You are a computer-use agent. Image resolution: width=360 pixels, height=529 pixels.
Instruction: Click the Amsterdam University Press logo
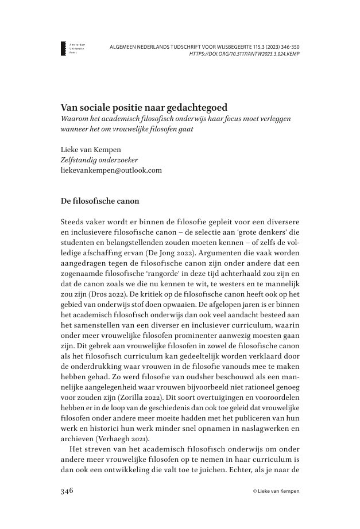64,48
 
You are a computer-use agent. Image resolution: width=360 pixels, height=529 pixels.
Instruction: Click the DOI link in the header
244,54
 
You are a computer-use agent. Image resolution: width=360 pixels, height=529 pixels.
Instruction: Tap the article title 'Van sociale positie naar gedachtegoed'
144,107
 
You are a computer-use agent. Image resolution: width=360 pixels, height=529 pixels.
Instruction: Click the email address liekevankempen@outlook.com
111,170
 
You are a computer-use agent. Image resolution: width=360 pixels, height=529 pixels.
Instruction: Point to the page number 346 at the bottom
68,491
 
